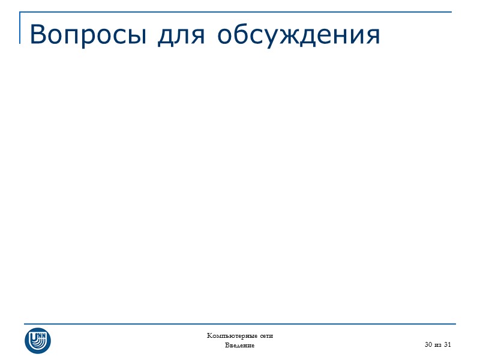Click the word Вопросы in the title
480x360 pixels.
point(89,35)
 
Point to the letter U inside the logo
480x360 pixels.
point(34,335)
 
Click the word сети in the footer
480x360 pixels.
point(266,335)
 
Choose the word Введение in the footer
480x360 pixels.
point(239,346)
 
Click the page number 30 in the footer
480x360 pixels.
point(428,344)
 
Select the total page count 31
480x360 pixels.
point(448,344)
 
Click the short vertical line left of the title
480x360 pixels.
point(21,29)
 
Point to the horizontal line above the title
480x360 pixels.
point(240,12)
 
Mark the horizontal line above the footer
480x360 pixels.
point(240,324)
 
